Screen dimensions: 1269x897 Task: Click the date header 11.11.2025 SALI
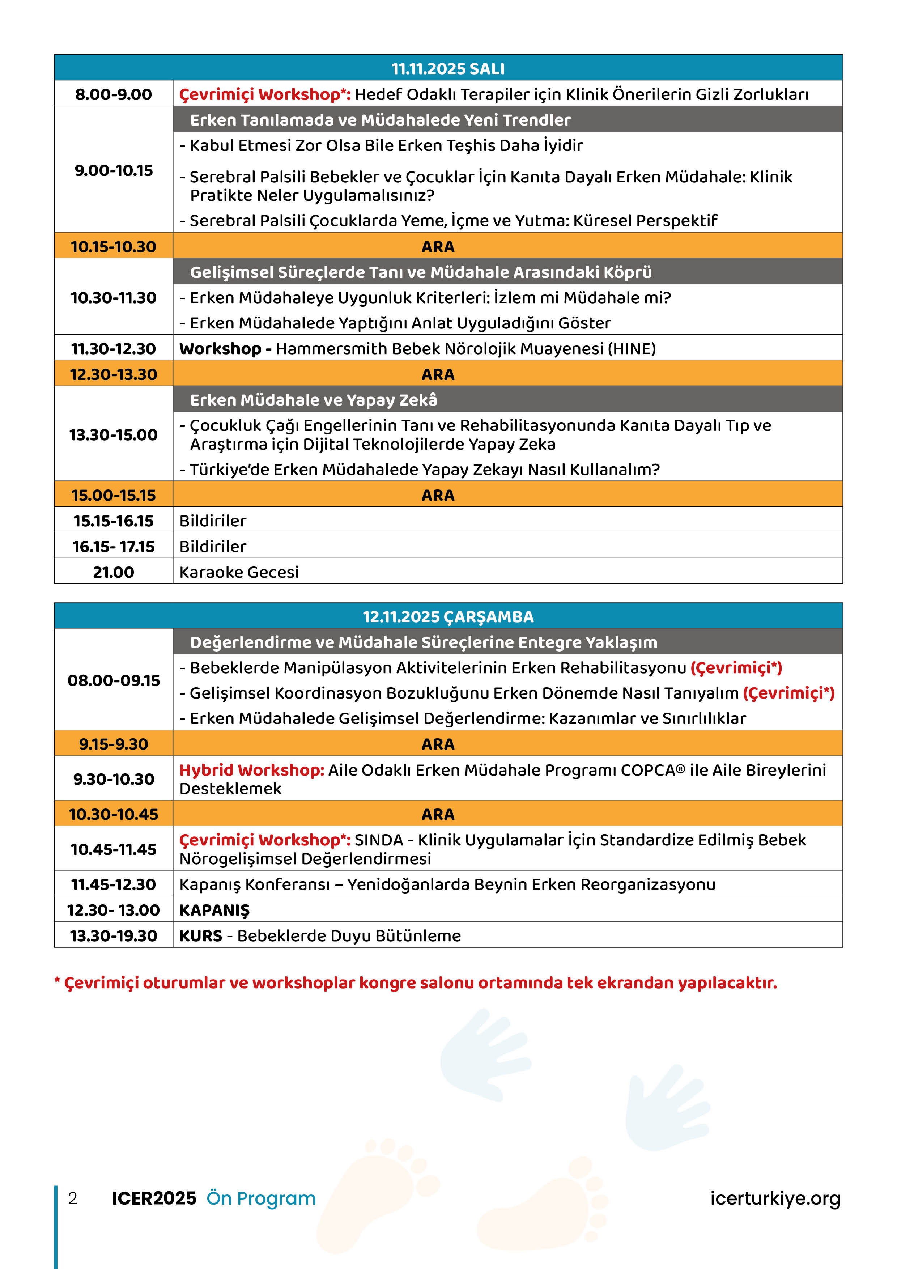tap(448, 68)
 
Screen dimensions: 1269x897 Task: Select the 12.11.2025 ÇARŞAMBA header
tap(448, 617)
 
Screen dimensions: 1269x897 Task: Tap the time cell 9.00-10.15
tap(114, 170)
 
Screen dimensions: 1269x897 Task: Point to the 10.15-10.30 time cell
tap(114, 246)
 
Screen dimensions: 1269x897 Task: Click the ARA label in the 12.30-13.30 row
tap(438, 374)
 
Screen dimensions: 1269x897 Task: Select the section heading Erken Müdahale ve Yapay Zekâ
tap(313, 400)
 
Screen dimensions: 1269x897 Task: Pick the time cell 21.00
tap(114, 572)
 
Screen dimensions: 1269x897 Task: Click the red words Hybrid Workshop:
tap(251, 770)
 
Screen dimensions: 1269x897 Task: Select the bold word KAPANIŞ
tap(214, 910)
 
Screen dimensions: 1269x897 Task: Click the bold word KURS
tap(201, 936)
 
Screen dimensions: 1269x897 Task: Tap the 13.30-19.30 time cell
tap(114, 936)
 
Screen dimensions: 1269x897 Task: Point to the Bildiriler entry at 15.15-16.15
tap(213, 521)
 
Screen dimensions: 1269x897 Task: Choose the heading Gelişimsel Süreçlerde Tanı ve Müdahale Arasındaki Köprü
tap(421, 272)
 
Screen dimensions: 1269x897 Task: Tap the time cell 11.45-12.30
tap(114, 884)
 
